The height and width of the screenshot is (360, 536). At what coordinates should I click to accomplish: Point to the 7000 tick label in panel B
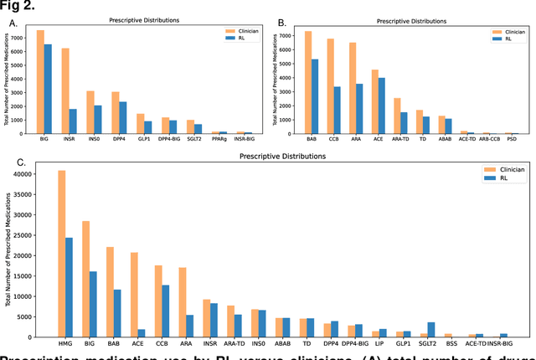283,35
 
